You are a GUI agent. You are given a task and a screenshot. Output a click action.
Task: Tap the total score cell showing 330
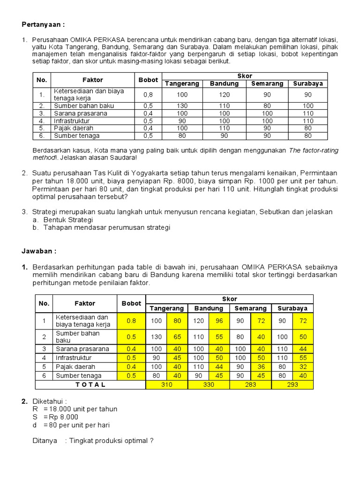[x=209, y=385]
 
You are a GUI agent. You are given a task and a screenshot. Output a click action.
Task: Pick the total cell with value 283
[x=250, y=385]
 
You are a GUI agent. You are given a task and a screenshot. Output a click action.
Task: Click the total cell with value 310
[x=166, y=385]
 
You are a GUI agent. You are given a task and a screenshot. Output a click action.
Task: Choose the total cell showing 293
[x=292, y=385]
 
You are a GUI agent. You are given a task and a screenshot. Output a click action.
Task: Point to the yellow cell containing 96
[x=219, y=321]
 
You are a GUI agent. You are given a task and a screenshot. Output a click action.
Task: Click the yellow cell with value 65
[x=177, y=337]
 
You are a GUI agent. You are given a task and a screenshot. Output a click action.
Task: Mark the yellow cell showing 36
[x=261, y=367]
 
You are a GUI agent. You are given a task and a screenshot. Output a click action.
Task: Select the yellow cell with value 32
[x=302, y=367]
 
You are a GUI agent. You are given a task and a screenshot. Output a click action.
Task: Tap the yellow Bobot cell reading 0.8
[x=131, y=321]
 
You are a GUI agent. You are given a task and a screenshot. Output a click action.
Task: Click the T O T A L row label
[x=90, y=385]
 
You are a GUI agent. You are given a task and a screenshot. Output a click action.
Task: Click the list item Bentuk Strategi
[x=68, y=220]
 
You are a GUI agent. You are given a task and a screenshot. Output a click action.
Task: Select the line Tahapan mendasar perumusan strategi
[x=106, y=228]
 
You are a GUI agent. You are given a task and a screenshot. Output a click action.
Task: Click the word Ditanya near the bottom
[x=45, y=441]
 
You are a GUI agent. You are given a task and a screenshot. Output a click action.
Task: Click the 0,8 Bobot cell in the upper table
[x=148, y=95]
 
